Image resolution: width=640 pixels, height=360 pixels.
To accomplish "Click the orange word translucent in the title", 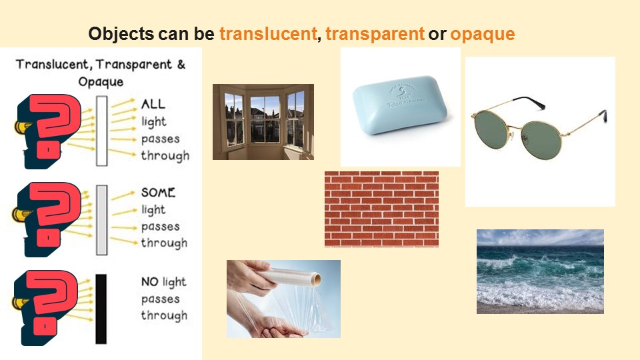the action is tap(268, 33).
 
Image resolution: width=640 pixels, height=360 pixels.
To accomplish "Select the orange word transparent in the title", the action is tap(375, 33).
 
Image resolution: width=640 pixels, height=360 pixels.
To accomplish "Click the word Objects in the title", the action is tap(121, 33).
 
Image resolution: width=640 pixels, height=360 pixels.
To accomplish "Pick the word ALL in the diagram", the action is tap(153, 104).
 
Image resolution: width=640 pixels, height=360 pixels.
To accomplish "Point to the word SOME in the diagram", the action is tap(158, 192).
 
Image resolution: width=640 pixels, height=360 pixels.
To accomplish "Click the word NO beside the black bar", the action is tap(149, 281).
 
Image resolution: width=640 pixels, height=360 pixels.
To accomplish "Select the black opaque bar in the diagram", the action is tap(101, 309).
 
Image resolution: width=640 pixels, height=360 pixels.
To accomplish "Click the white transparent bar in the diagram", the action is tap(101, 131).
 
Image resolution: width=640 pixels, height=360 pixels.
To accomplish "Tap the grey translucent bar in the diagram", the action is tap(101, 220).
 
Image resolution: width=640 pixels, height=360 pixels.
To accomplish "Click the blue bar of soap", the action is tap(399, 105).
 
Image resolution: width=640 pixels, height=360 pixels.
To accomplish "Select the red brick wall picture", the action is tap(381, 209).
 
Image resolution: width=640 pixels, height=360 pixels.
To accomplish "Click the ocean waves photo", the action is tap(540, 271).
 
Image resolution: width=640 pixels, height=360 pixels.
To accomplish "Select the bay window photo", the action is tap(263, 121).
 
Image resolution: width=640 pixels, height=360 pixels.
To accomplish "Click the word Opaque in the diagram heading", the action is tap(101, 82).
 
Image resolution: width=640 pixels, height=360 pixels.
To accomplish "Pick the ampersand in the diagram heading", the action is tap(181, 64).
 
